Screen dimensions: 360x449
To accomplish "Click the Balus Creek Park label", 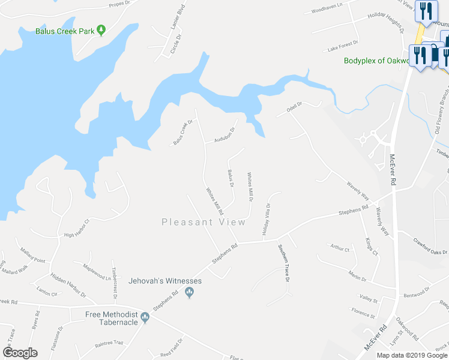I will [x=65, y=31].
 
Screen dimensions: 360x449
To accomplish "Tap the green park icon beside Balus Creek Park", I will [x=101, y=29].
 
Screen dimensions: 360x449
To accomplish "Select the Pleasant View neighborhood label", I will [x=203, y=222].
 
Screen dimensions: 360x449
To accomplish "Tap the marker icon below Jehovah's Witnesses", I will [x=190, y=293].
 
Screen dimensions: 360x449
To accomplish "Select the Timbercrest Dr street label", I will [x=113, y=280].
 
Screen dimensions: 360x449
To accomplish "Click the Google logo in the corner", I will [x=20, y=353].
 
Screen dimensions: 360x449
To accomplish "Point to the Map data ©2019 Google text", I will [x=412, y=355].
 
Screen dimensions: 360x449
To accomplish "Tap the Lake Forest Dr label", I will [x=343, y=46].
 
